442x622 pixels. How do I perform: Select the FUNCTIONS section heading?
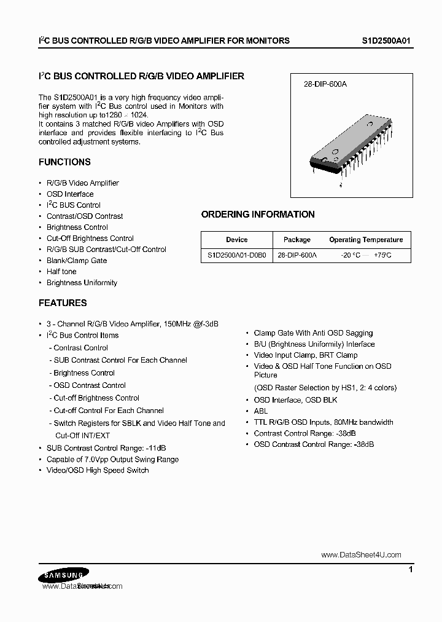tap(64, 162)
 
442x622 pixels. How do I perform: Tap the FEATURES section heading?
tap(63, 303)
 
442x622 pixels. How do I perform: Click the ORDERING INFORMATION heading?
tap(258, 215)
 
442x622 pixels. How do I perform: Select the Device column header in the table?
tap(236, 240)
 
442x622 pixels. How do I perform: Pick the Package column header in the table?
tap(297, 240)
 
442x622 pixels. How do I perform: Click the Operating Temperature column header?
tap(366, 240)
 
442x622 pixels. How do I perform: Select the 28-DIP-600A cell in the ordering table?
tap(297, 254)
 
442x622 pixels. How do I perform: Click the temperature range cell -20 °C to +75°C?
tap(366, 254)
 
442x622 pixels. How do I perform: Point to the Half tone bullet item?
tap(61, 272)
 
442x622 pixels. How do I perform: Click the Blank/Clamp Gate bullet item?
tap(77, 261)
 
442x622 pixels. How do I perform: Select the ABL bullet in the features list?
tap(261, 411)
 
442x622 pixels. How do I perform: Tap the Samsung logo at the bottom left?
tap(61, 575)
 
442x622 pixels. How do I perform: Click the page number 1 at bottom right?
tap(410, 570)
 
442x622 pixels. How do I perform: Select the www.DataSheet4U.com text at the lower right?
tap(361, 555)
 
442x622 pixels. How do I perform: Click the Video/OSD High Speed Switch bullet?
tap(98, 470)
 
